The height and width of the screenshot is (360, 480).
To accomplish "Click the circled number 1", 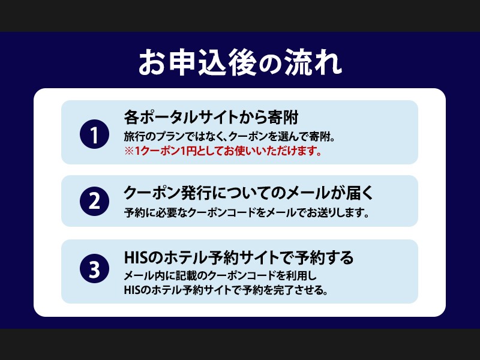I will click(x=94, y=133).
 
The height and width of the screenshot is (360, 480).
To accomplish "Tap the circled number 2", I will click(x=94, y=201).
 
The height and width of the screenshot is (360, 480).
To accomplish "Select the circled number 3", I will click(x=94, y=269).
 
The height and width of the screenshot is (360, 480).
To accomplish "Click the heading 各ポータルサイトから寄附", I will click(x=211, y=116).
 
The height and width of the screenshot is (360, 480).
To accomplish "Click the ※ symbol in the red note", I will click(x=128, y=151).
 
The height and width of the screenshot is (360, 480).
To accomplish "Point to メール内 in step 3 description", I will click(x=144, y=277).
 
